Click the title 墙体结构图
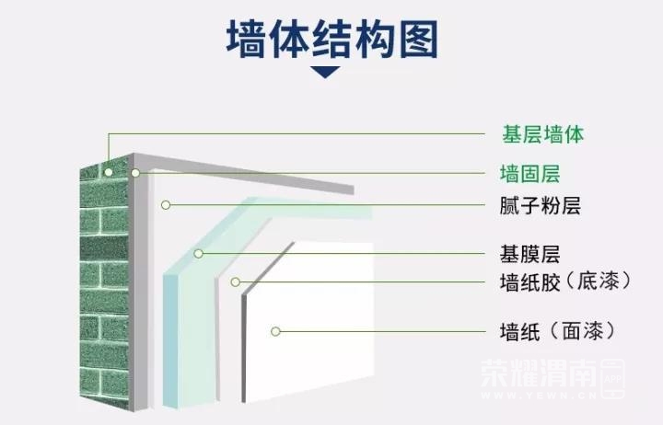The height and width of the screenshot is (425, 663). [331, 40]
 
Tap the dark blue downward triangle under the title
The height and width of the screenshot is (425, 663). [331, 72]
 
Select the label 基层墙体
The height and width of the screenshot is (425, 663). [543, 134]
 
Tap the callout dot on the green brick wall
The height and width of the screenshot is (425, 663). [109, 171]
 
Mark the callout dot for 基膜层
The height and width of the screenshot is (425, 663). [198, 253]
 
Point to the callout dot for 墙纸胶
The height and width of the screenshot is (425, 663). [235, 281]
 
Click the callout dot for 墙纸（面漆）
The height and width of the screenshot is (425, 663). [275, 329]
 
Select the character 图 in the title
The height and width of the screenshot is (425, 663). [416, 40]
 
